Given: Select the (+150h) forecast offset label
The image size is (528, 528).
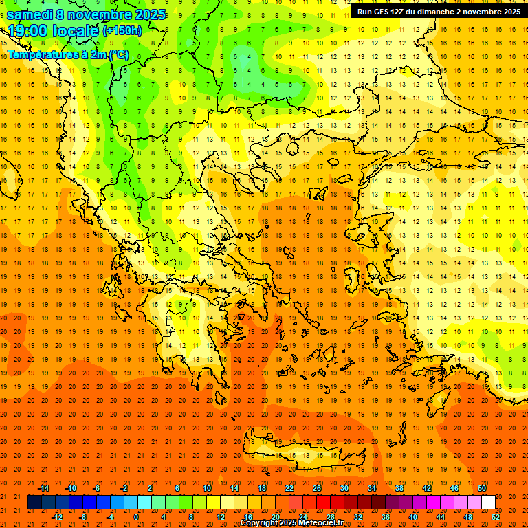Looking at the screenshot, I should coord(122,31).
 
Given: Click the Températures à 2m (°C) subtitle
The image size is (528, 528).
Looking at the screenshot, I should coord(67,54).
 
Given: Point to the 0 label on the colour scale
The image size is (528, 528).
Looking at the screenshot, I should coord(136,516).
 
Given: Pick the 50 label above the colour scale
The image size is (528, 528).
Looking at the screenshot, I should coord(482,488).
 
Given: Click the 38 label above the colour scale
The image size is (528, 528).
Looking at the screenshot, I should coord(399,488).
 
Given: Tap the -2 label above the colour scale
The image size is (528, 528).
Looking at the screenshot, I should coord(124,488).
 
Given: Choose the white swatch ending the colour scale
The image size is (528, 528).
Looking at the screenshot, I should coord(488,503).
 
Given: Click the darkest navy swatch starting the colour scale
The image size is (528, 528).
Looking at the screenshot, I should coord(34,503).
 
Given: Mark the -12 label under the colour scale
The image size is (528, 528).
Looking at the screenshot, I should coord(57,516).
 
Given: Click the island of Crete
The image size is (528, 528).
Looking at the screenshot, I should coord(296,454).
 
